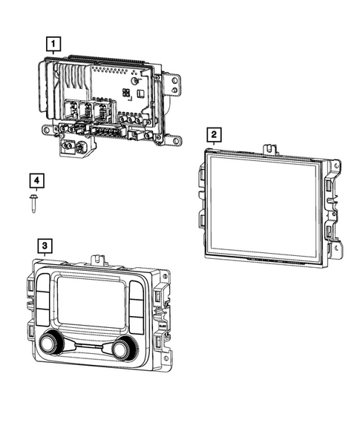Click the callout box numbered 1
point(51,44)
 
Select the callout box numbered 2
point(214,135)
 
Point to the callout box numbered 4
point(35,180)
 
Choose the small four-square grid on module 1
point(127,93)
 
